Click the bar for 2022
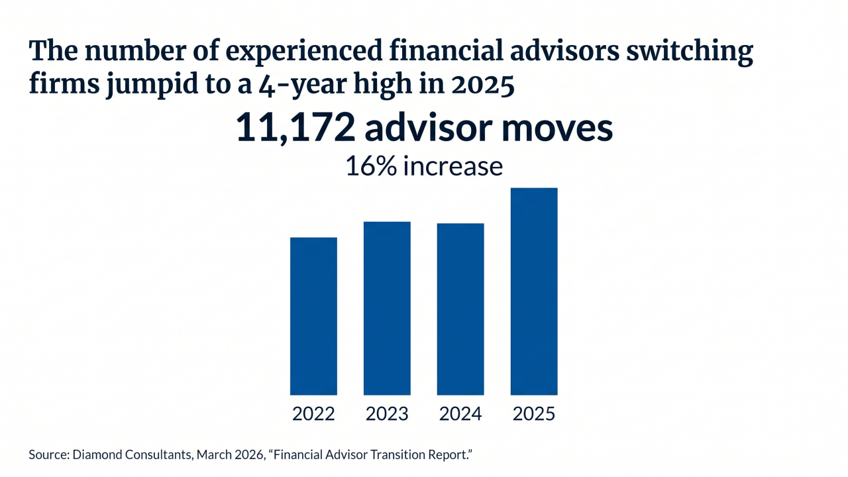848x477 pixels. [313, 316]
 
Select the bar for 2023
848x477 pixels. [387, 308]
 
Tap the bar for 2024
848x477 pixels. [460, 309]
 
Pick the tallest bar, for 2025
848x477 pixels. [534, 291]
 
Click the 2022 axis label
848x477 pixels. [313, 414]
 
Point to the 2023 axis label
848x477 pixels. [387, 414]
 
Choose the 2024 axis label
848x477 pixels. [460, 414]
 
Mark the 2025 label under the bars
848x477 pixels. [534, 414]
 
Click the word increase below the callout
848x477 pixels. [452, 166]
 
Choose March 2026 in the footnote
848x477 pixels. [223, 455]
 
